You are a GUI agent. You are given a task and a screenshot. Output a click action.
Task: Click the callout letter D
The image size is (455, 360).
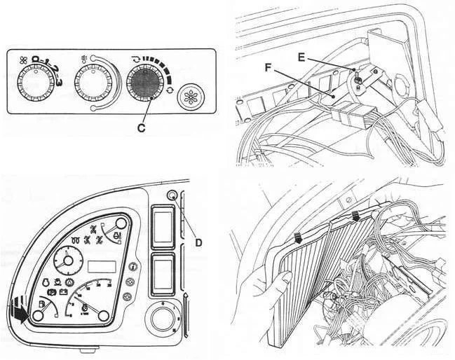[198, 243]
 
